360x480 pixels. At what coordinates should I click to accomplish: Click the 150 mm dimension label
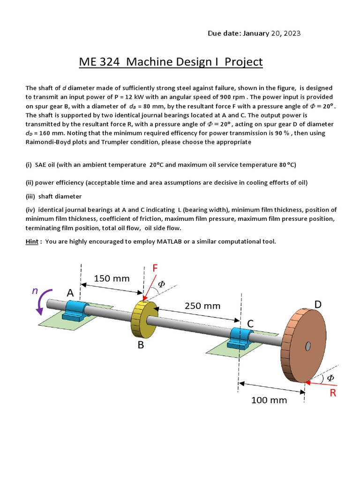112,278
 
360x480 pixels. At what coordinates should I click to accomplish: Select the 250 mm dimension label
202,306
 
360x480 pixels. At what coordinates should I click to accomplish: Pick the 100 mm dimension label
269,400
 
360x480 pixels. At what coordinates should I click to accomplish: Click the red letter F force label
155,268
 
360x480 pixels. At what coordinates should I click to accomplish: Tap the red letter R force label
332,393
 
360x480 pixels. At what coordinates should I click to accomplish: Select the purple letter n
34,291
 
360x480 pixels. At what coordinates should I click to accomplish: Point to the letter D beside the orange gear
318,305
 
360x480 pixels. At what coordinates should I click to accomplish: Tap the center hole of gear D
307,346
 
